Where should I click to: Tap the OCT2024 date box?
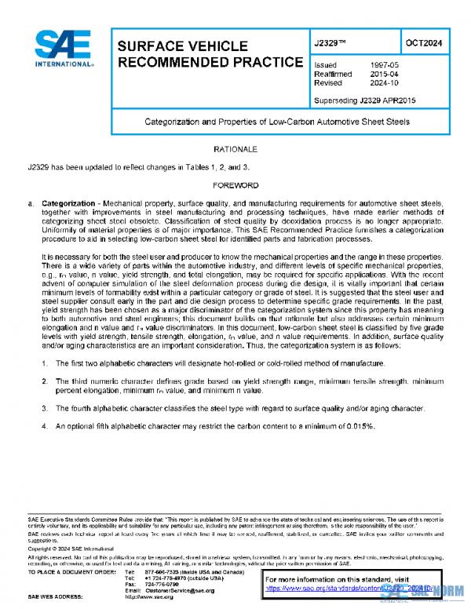coord(424,44)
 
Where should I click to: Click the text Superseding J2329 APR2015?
coord(364,99)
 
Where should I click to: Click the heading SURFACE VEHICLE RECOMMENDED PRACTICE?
coord(208,53)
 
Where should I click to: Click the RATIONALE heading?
coord(235,149)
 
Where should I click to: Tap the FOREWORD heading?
coord(235,185)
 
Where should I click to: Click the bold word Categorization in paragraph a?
coord(68,203)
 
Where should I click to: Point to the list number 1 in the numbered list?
coord(46,364)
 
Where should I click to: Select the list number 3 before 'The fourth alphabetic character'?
coord(46,408)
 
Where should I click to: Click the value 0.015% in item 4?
coord(358,425)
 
